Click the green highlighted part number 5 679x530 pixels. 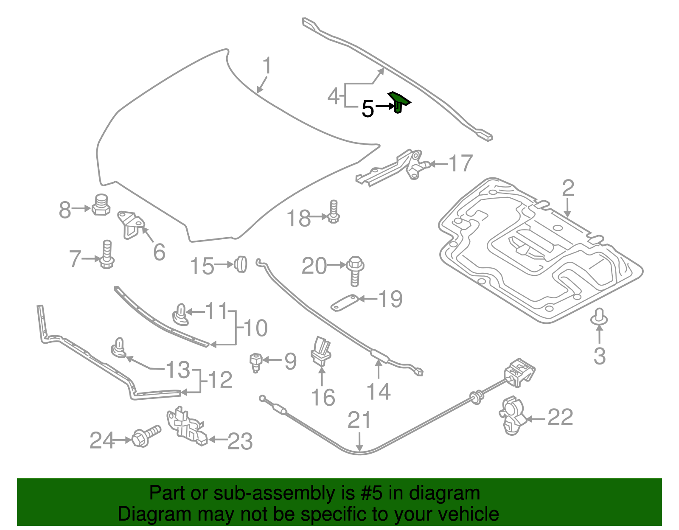coord(398,102)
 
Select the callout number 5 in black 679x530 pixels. coord(368,109)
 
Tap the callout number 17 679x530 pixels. coord(460,163)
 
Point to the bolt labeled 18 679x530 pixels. coord(334,212)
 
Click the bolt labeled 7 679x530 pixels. coord(107,254)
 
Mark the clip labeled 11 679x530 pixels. coord(180,314)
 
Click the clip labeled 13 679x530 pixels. coord(119,348)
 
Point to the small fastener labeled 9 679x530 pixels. coord(255,362)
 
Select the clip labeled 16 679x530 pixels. coord(321,351)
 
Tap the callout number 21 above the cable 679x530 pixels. coord(359,421)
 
